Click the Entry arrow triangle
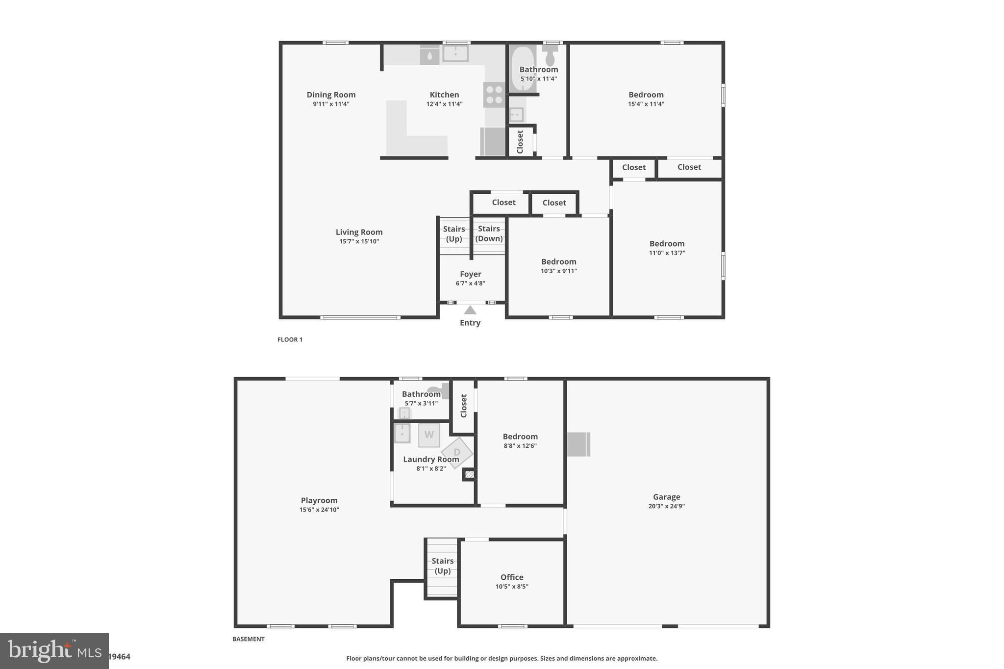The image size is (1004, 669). click(x=470, y=310)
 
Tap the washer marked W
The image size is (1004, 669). click(x=429, y=435)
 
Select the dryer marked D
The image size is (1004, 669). click(x=457, y=452)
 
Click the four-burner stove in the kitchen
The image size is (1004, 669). click(x=494, y=95)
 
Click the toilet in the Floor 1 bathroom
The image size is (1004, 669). click(x=550, y=55)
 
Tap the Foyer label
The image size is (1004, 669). click(x=470, y=274)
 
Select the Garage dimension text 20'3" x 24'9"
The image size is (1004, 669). click(x=666, y=506)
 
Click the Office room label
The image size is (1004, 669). click(x=512, y=577)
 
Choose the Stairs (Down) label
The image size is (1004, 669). click(x=489, y=233)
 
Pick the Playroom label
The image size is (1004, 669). click(x=319, y=500)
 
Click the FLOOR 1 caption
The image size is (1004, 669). click(x=290, y=339)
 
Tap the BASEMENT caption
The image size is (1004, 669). click(x=248, y=639)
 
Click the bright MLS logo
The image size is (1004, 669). click(x=54, y=651)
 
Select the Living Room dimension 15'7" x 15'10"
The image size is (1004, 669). click(x=359, y=241)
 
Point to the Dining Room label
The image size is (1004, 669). click(x=331, y=95)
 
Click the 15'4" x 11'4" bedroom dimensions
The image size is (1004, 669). click(x=646, y=104)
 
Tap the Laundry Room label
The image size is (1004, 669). click(x=431, y=459)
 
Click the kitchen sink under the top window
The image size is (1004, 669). click(x=455, y=53)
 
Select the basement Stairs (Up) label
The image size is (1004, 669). click(x=442, y=566)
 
